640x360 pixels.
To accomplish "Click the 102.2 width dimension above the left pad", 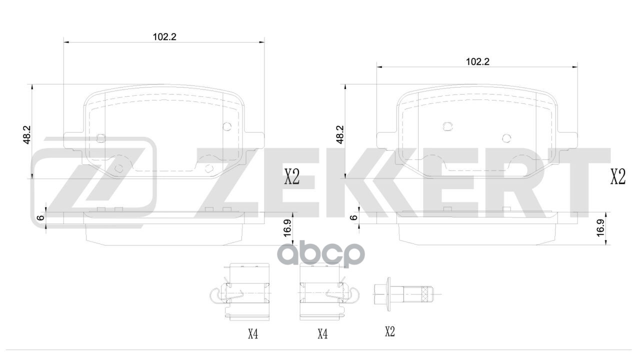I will (164, 36).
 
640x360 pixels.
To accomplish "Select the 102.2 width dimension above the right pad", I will (477, 61).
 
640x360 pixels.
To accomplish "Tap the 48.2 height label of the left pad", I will (27, 134).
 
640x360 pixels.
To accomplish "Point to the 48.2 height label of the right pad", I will (340, 134).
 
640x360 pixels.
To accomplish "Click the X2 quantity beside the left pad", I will (291, 177).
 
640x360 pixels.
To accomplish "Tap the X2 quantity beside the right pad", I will (618, 177).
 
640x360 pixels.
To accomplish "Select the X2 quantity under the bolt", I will (389, 331).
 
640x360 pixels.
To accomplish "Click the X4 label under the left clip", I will (253, 333).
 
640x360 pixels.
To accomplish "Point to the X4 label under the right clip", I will (322, 333).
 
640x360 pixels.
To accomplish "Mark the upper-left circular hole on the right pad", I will (448, 126).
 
